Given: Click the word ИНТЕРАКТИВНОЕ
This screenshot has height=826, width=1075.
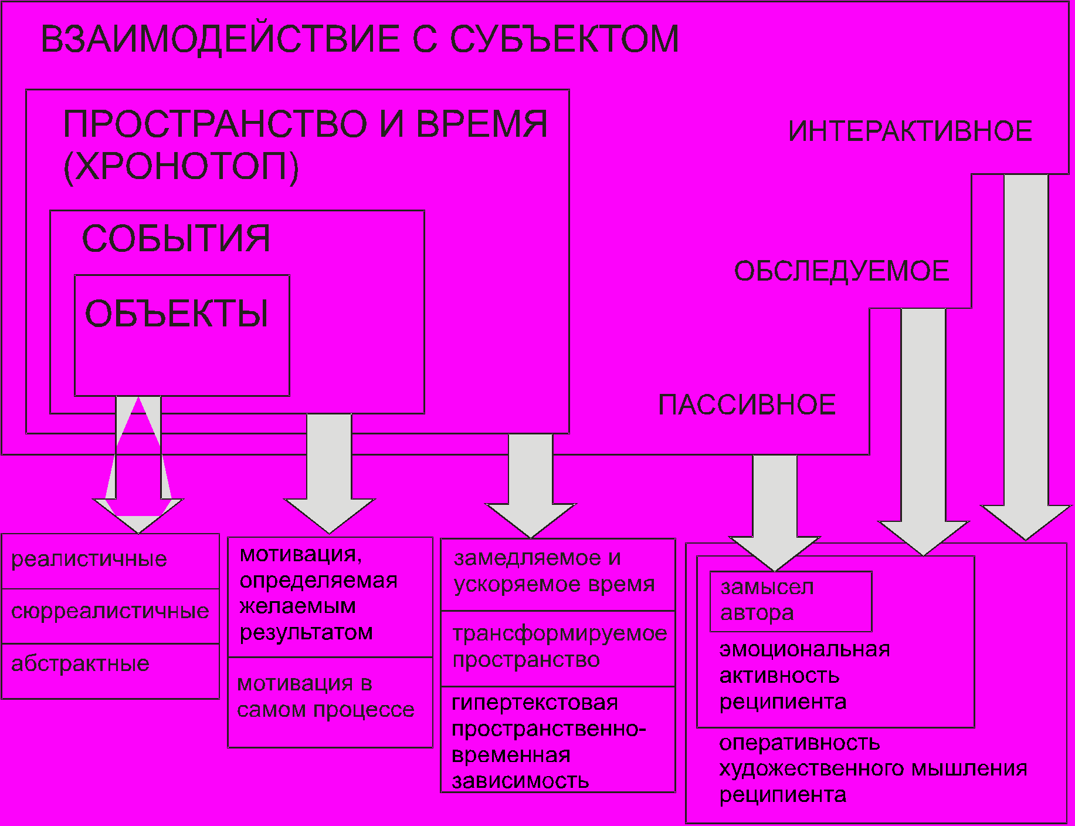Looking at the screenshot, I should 910,131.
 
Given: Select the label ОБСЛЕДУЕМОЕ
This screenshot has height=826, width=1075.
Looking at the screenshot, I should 842,271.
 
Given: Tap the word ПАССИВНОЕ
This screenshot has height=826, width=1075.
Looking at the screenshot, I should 747,405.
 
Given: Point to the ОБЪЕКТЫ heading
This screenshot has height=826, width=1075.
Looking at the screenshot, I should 177,313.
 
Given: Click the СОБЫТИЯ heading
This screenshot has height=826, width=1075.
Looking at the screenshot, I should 176,238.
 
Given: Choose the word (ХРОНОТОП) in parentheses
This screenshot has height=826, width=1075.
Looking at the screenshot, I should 181,167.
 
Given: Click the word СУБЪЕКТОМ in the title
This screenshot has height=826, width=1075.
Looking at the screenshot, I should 564,39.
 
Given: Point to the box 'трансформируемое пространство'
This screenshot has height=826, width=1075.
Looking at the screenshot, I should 557,647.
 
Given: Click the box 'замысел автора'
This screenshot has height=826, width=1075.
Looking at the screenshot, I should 790,601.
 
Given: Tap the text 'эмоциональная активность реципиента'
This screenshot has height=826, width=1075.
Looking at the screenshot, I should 805,676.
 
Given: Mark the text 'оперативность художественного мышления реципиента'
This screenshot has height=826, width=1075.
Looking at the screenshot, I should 873,769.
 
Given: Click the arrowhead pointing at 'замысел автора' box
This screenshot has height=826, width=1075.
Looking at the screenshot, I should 775,552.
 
